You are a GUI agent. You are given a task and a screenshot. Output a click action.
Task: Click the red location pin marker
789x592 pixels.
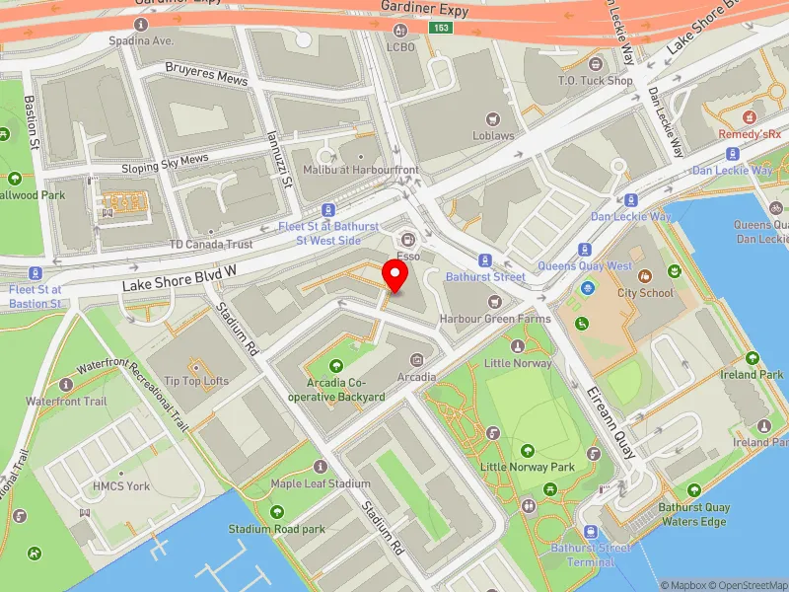tap(395, 276)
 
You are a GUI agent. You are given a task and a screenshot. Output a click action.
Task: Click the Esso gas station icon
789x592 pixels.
tap(406, 240)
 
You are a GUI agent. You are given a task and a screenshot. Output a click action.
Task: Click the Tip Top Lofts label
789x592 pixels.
tap(196, 381)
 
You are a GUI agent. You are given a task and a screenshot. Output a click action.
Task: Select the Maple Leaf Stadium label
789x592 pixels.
tap(321, 483)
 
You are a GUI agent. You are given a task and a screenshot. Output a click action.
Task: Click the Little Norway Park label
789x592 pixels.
tap(527, 467)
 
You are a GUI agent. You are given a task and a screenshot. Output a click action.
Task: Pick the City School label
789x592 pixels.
tap(645, 293)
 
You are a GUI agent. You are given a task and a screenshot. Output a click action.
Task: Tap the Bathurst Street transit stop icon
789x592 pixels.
tap(484, 260)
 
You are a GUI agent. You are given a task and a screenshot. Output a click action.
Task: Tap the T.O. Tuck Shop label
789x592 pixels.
tap(595, 81)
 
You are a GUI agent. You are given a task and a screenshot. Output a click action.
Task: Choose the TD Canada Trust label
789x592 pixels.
tap(210, 244)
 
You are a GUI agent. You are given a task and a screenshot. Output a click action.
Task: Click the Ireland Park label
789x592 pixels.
tap(752, 374)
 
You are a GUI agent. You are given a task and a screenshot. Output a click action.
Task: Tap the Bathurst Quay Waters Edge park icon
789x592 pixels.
tap(694, 490)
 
